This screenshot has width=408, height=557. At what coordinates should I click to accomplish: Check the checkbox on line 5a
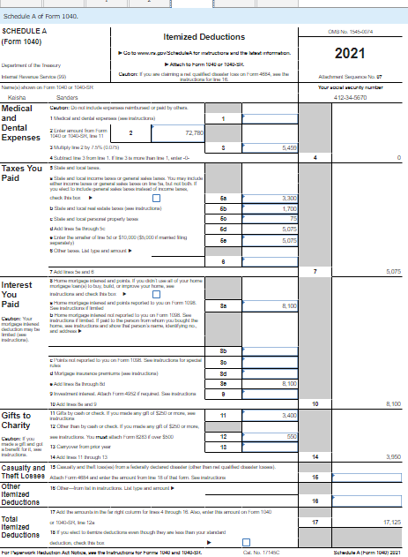coord(156,199)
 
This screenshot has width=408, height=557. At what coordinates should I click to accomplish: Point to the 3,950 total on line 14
coord(393,456)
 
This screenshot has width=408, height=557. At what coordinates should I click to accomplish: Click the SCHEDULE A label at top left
coord(26,30)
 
